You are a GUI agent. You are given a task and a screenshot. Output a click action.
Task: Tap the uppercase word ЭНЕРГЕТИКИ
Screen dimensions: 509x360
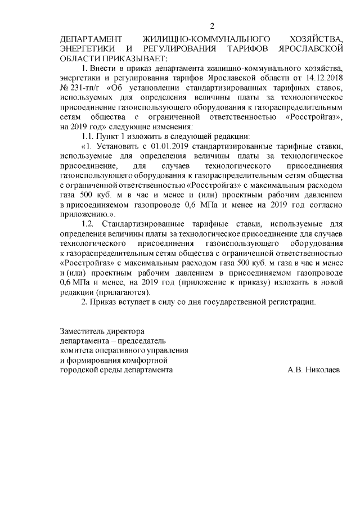[86, 48]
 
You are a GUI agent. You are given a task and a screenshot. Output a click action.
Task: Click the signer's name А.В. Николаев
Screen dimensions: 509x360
[313, 370]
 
